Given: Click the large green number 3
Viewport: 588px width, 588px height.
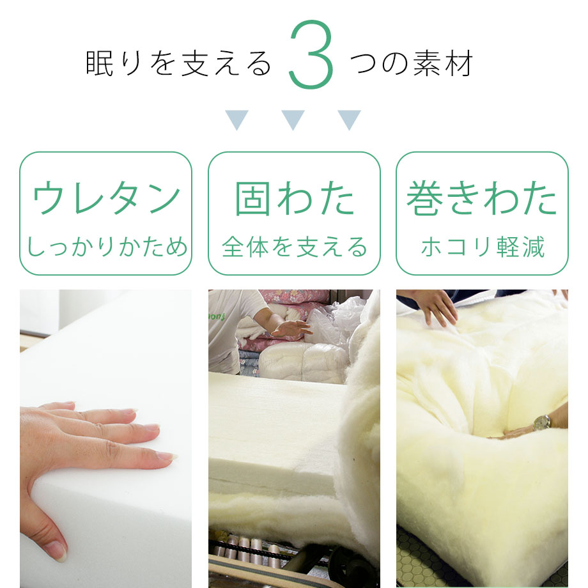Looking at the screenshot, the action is point(311,55).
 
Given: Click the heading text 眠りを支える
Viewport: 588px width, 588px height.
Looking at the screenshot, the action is point(178,63).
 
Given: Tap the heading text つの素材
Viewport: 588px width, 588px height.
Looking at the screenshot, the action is point(412,63).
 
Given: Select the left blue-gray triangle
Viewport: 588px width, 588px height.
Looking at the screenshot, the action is point(236,120).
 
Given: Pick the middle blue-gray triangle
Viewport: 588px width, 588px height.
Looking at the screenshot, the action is point(293,120).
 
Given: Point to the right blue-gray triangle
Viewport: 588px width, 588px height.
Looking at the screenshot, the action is point(349,120).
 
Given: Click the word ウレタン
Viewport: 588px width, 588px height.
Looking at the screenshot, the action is point(107,197).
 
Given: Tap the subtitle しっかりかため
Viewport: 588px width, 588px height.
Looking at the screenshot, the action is point(107,247).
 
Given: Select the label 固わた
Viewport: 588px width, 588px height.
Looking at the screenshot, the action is point(295,198).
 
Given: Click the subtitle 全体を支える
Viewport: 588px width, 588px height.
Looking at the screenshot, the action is point(295,247).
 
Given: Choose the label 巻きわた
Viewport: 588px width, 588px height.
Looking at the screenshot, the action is point(482,198).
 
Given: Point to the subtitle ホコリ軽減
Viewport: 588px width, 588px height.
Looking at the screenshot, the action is point(483,247).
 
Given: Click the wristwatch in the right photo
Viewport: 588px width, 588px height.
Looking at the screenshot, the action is point(542,422).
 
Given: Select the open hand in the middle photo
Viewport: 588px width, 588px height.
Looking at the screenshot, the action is point(291,328).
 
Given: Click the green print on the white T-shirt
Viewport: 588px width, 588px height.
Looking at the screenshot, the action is point(217,317).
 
